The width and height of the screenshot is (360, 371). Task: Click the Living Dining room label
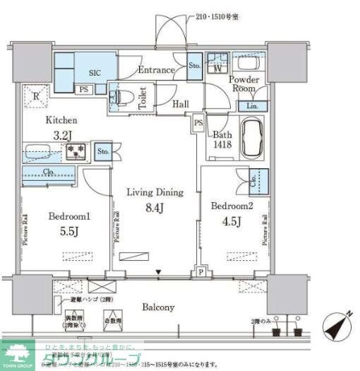tap(155, 192)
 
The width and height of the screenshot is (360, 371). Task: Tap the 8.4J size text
tap(155, 208)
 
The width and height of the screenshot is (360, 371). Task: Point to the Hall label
tap(181, 104)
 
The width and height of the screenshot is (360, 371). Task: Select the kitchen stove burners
tap(75, 151)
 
